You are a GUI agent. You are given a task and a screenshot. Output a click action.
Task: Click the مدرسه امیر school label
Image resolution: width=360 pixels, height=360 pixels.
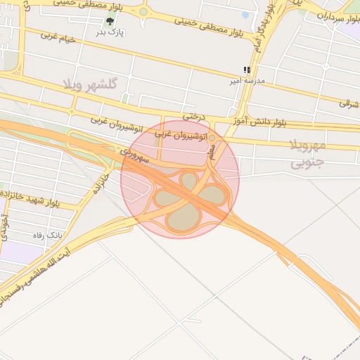pos(247,82)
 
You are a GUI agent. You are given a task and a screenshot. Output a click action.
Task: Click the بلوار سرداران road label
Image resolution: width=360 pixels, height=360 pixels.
pos(331,17)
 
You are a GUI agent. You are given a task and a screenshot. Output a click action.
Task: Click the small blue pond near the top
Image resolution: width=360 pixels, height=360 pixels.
pos(245,15)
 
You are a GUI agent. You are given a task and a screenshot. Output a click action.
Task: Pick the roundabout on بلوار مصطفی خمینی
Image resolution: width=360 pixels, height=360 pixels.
pos(143,12)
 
